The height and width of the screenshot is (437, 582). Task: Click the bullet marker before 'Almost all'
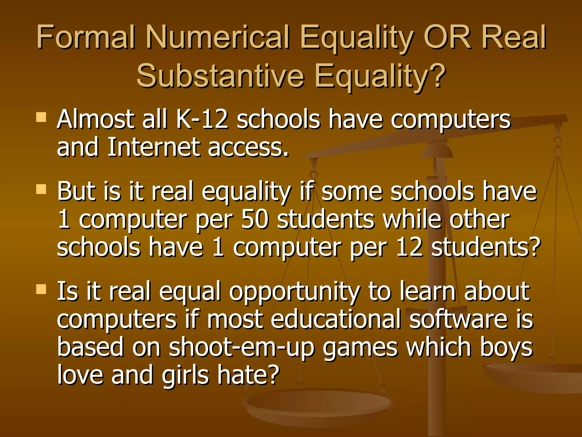(x=41, y=117)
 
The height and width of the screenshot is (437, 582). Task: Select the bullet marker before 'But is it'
(x=41, y=189)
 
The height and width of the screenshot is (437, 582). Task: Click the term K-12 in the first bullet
(x=202, y=119)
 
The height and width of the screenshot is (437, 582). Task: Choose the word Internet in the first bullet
(x=153, y=147)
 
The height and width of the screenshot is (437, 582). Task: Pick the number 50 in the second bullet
(x=254, y=220)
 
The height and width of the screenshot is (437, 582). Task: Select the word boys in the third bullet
(x=506, y=348)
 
